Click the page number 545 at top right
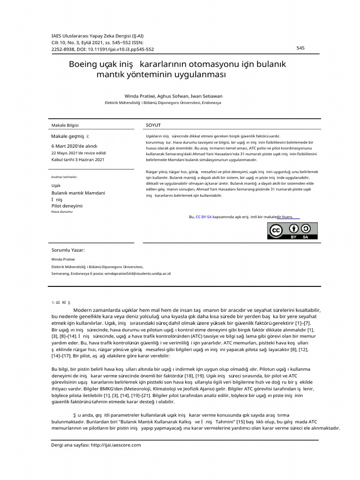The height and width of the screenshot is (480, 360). [x=300, y=48]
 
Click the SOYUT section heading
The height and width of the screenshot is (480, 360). [x=153, y=126]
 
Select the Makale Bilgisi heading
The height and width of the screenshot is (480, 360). [x=65, y=126]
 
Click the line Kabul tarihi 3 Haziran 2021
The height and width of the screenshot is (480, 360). [x=77, y=159]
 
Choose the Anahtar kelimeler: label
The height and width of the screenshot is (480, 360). [x=64, y=177]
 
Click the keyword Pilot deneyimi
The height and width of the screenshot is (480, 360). [x=67, y=205]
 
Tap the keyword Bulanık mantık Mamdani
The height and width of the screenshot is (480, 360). [x=78, y=193]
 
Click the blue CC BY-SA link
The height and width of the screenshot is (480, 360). [x=203, y=217]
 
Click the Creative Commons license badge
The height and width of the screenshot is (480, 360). [x=292, y=231]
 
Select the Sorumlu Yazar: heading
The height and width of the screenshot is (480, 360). [x=68, y=250]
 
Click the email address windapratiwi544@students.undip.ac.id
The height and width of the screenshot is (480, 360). [x=137, y=273]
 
